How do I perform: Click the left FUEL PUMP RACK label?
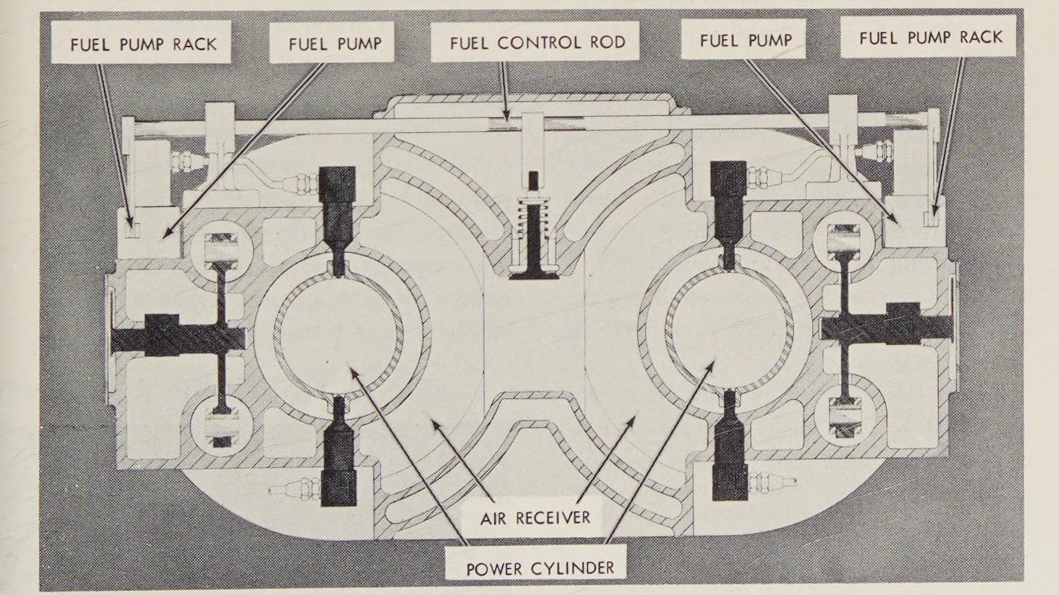pyautogui.click(x=143, y=44)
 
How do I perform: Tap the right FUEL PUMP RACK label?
pyautogui.click(x=930, y=38)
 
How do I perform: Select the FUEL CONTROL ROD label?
pyautogui.click(x=537, y=43)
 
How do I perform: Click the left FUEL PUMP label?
pyautogui.click(x=334, y=44)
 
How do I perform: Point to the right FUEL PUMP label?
pyautogui.click(x=746, y=41)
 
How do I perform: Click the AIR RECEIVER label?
pyautogui.click(x=535, y=517)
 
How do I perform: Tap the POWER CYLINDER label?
pyautogui.click(x=539, y=568)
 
